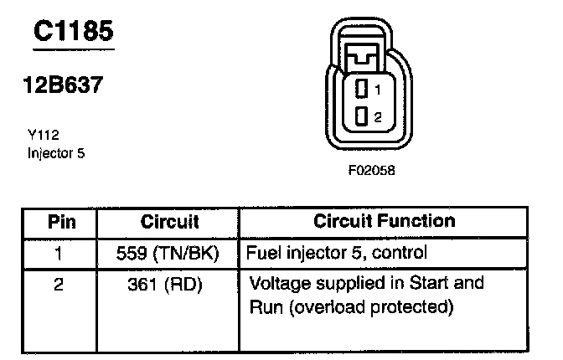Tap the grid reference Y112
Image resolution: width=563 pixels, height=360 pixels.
pos(43,134)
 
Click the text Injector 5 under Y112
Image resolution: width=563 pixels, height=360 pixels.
pos(56,153)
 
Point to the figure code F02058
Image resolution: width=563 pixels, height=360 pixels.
pos(371,171)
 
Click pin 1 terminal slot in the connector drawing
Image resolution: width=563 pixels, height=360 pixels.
pos(363,88)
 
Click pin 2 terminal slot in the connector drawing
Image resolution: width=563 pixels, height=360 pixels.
pos(363,116)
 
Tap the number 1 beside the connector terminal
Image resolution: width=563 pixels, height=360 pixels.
pos(379,89)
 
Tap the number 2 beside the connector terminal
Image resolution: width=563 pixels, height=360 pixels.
pos(379,117)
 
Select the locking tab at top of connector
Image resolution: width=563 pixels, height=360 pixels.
pos(364,57)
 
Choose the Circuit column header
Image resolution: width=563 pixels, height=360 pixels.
pos(169,222)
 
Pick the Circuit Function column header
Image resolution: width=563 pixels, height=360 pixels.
pos(384,221)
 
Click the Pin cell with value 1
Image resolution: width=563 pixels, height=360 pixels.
pos(58,252)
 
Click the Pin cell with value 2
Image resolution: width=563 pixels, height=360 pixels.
pos(58,284)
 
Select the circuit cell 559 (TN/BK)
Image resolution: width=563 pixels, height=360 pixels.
pos(169,252)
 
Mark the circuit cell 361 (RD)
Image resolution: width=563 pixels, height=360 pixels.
pos(169,284)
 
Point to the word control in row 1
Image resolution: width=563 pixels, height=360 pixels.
pos(400,252)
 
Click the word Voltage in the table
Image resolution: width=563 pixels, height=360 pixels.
pos(279,283)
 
